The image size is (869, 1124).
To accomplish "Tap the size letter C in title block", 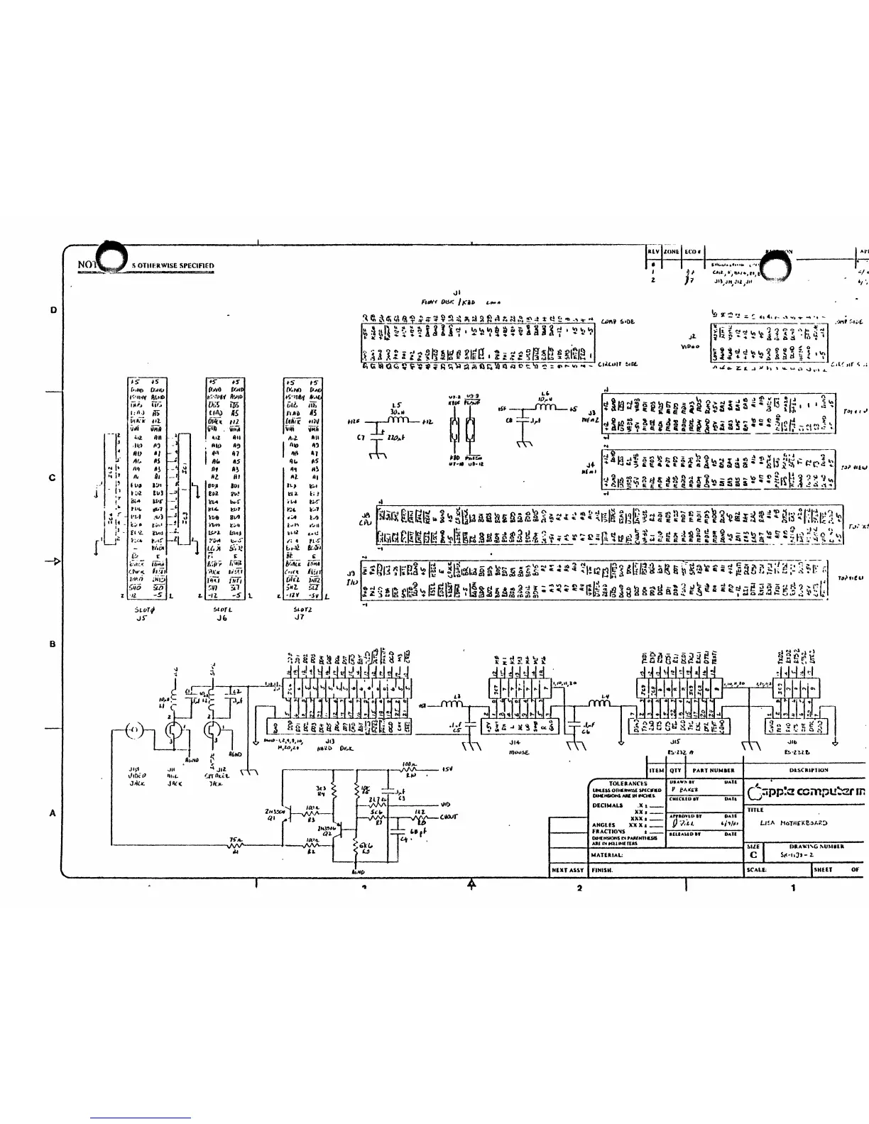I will pyautogui.click(x=753, y=856).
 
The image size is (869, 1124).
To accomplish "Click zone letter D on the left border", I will pyautogui.click(x=53, y=310).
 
